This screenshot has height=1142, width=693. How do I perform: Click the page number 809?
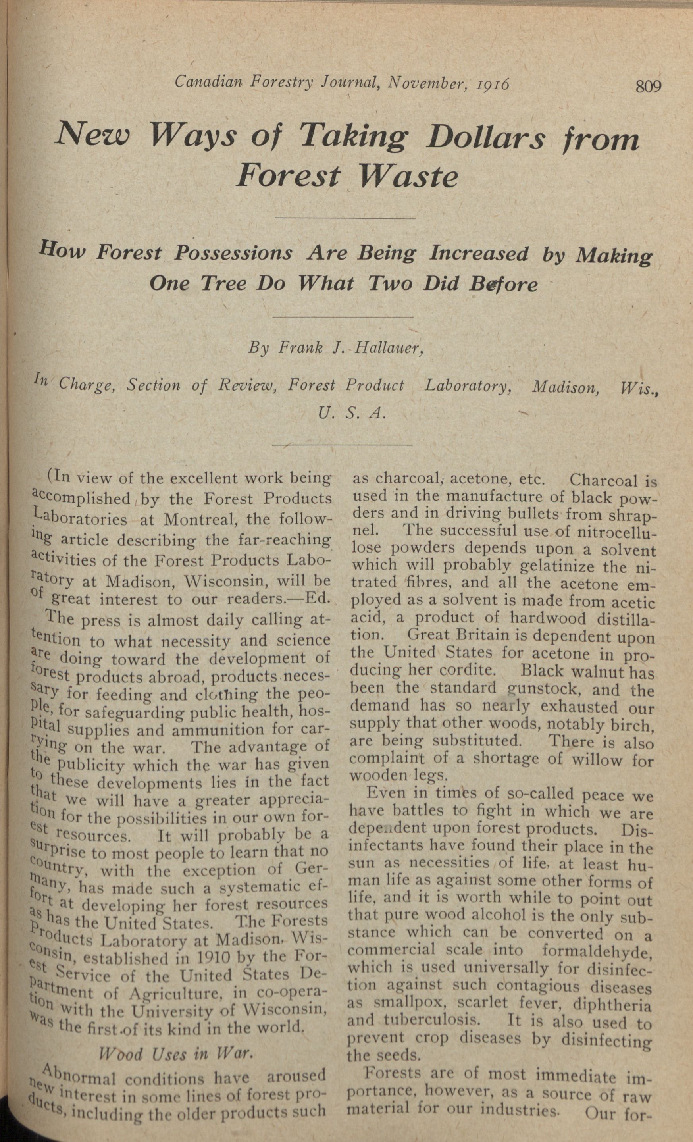click(649, 86)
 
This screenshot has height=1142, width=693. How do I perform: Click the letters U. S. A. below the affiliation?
click(351, 412)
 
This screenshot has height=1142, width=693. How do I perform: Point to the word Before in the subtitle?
click(503, 283)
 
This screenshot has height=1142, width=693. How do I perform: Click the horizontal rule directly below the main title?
click(345, 218)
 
